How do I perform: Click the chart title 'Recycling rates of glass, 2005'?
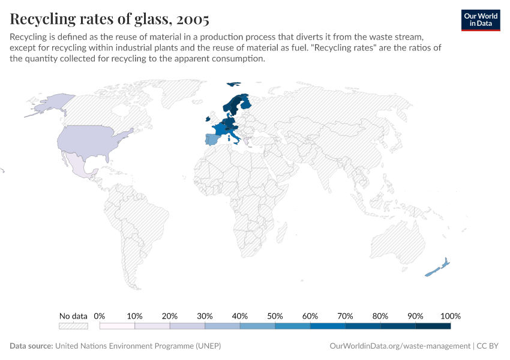110,19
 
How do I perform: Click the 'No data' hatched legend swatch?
73,326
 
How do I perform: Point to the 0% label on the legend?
100,316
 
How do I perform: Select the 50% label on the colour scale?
275,316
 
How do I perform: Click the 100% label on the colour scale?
450,316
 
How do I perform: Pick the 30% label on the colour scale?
205,316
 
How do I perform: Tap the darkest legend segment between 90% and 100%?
433,326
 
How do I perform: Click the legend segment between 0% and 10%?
117,326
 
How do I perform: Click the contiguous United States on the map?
90,142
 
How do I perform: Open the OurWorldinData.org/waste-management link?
400,346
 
